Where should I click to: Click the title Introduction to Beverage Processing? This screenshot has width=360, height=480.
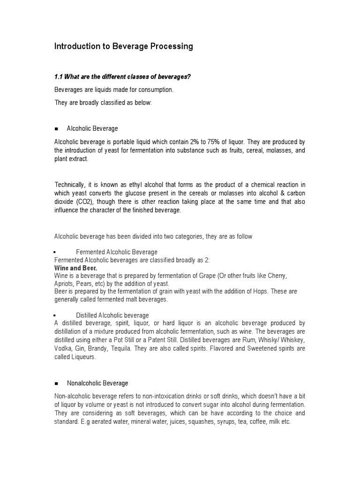124,46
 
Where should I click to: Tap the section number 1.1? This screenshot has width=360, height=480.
60,77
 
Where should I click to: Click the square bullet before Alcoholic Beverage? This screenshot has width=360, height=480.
56,129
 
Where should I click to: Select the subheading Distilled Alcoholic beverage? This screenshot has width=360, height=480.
112,315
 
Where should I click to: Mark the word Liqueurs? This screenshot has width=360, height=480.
82,357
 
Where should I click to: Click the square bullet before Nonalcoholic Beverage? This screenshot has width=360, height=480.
56,383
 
